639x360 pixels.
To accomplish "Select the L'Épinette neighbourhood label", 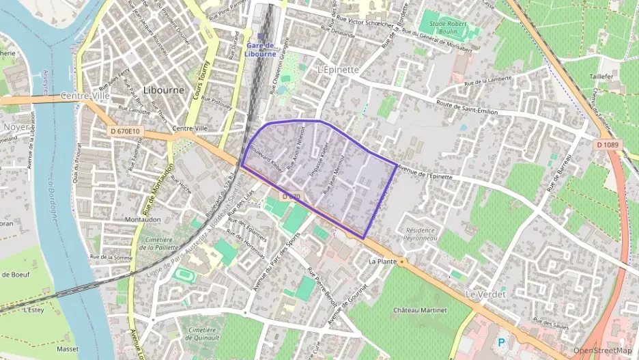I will coord(338,70).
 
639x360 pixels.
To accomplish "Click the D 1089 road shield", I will coord(606,144).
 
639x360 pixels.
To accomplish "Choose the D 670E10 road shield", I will coord(124,130).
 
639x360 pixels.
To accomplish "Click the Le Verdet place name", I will coord(485,294).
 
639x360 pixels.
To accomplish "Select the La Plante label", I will coord(382,262).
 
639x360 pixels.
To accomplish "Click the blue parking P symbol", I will coord(502,342).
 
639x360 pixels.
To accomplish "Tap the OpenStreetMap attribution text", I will coord(602,350).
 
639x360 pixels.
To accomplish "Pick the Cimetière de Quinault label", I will coord(202,333).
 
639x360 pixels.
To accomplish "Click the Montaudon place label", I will coord(143,219).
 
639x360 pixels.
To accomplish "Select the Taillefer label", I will coord(601,79).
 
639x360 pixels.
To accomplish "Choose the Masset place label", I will coord(68,348).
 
